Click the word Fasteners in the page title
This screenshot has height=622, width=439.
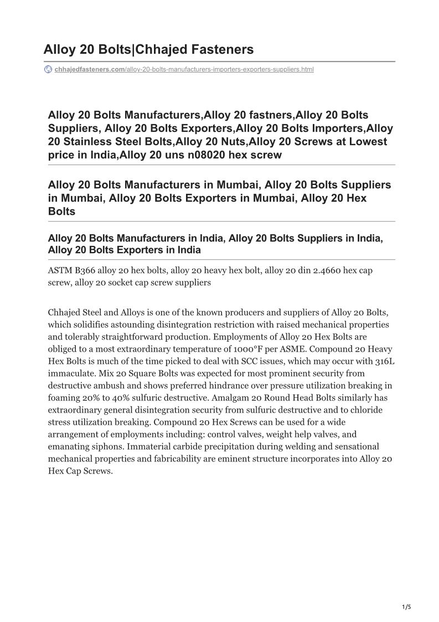(x=222, y=49)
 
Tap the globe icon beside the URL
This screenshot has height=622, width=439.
(x=48, y=69)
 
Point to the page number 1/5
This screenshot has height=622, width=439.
(x=406, y=607)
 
